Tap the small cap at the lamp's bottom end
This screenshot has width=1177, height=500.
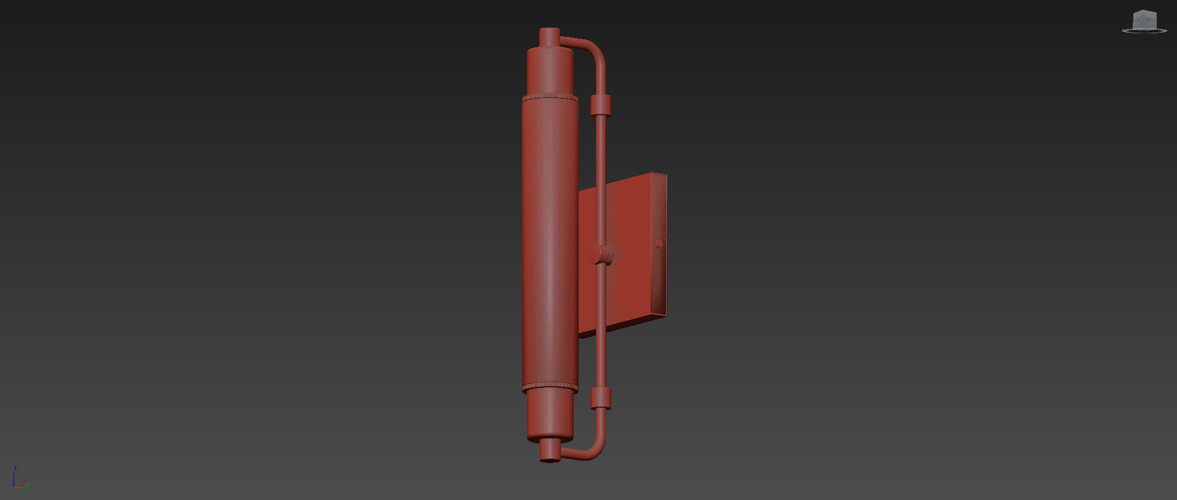(x=550, y=451)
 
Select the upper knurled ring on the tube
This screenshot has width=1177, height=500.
(x=550, y=97)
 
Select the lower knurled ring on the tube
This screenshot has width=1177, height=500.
(x=550, y=387)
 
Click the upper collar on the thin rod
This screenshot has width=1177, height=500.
(x=600, y=105)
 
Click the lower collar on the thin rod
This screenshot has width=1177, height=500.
(x=600, y=398)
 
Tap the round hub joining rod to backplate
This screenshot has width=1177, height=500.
(x=602, y=254)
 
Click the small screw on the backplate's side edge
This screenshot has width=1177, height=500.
(x=659, y=244)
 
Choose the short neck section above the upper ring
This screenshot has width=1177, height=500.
(x=550, y=71)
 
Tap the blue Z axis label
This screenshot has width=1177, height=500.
(x=15, y=468)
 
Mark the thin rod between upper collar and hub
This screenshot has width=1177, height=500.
(x=600, y=179)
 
